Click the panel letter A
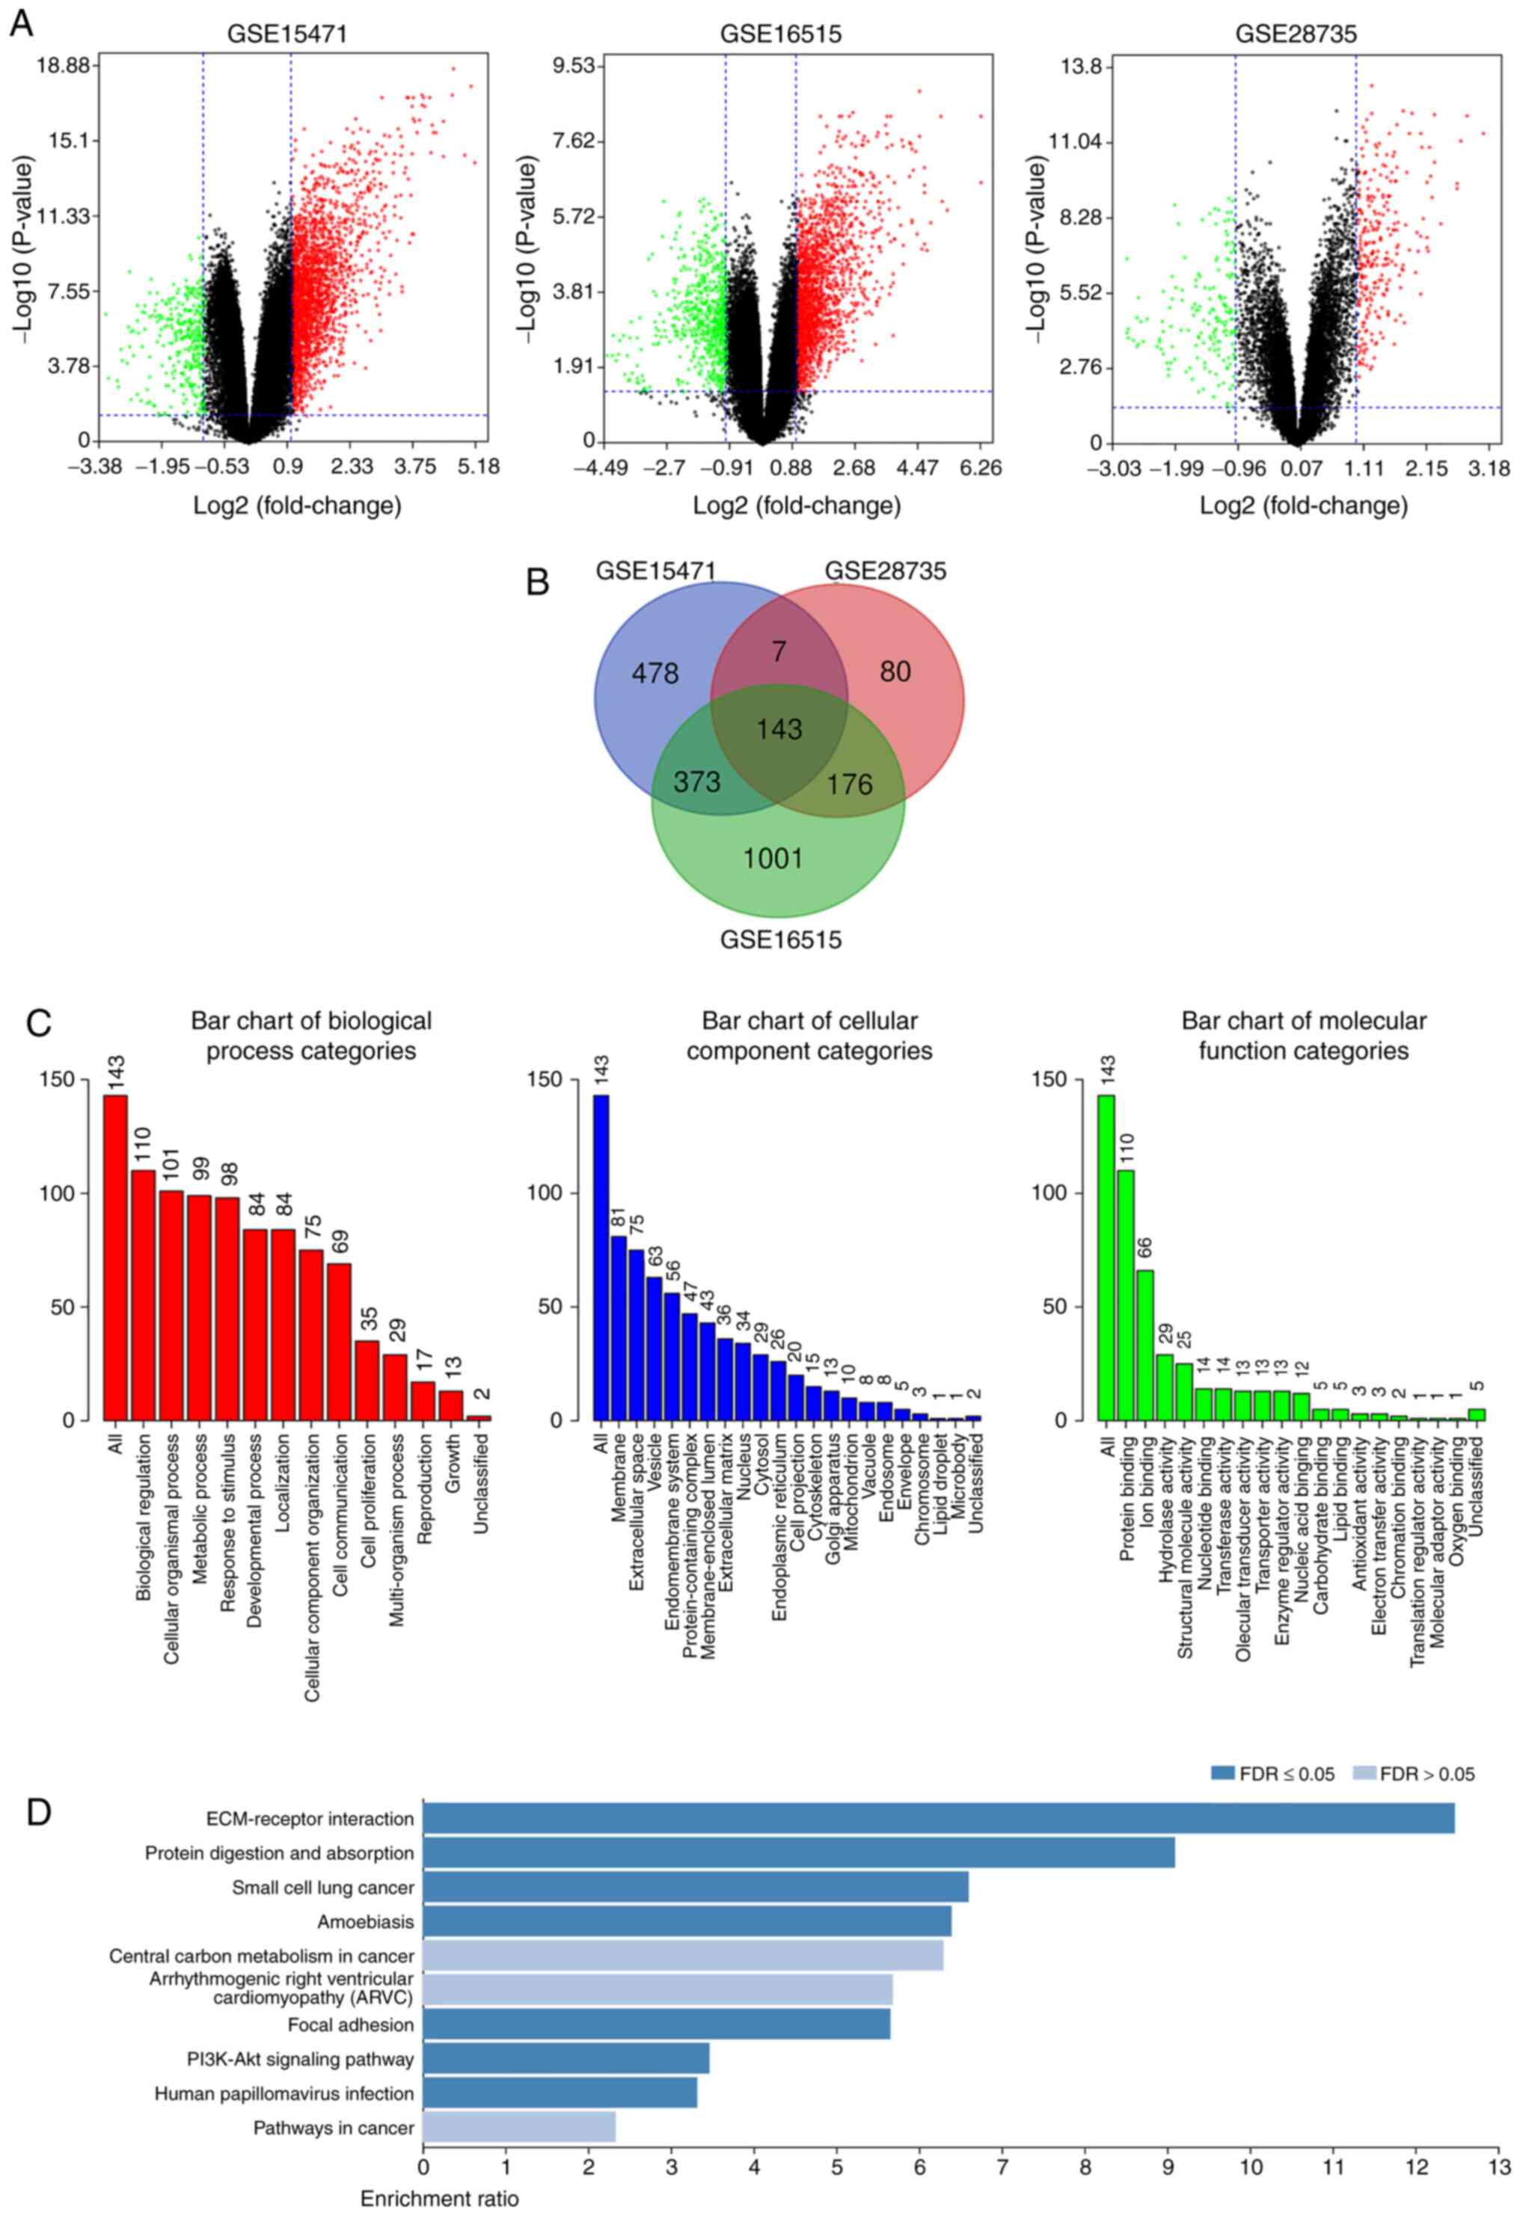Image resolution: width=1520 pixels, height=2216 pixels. click(20, 23)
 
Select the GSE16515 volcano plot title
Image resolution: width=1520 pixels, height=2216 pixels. click(780, 34)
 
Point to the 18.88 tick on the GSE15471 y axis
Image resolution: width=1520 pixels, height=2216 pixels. click(63, 65)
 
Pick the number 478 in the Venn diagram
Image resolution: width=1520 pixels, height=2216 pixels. click(655, 674)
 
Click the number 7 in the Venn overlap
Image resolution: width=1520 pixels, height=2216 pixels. click(779, 652)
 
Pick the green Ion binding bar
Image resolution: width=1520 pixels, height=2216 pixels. click(1144, 1345)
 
